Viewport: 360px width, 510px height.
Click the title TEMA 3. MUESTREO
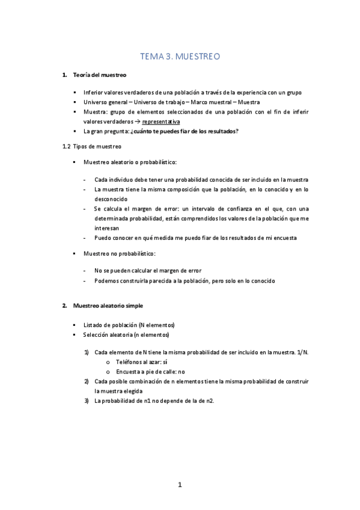[x=180, y=57]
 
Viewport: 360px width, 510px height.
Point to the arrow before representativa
[x=136, y=121]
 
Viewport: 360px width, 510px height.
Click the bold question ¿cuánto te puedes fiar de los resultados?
[x=190, y=131]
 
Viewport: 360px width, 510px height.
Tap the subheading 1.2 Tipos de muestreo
[x=92, y=146]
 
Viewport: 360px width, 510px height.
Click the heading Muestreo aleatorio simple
[x=108, y=306]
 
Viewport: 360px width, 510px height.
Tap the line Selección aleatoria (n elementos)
[x=126, y=334]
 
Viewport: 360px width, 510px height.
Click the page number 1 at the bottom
[x=180, y=485]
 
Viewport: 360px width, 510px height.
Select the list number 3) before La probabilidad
[x=87, y=401]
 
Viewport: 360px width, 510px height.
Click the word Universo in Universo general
[x=96, y=102]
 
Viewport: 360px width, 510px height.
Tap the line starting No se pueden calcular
[x=147, y=271]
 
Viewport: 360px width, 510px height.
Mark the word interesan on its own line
[x=106, y=228]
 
